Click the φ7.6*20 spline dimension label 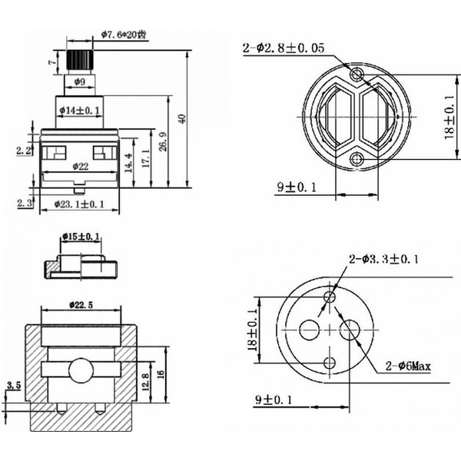click(128, 34)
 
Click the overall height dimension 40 click(182, 118)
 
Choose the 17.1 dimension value click(144, 157)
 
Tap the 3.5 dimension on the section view click(12, 384)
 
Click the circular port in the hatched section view click(79, 371)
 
